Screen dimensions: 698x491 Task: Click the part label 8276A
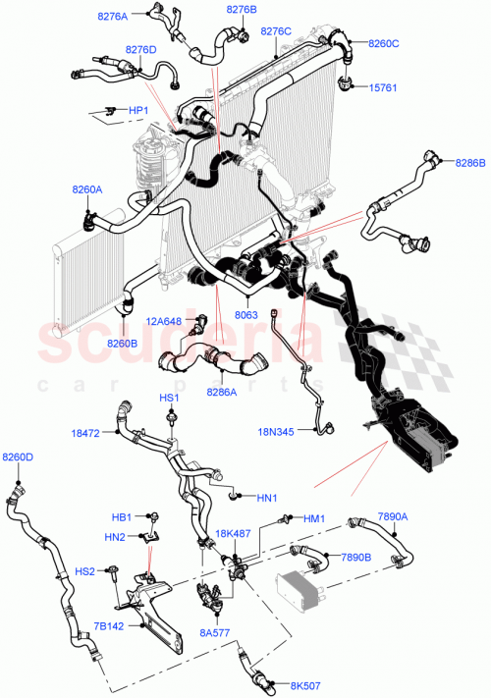pos(113,17)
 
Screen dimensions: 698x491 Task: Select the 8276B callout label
pos(241,10)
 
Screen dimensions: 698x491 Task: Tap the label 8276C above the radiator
pos(276,31)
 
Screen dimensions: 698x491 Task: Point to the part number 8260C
pos(384,43)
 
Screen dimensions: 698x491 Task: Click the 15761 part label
pos(383,87)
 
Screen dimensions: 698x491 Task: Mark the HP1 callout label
pos(137,110)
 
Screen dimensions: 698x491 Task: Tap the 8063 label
pos(246,316)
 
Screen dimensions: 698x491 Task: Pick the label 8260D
pos(18,457)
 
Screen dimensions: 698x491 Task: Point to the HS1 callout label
pos(170,398)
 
